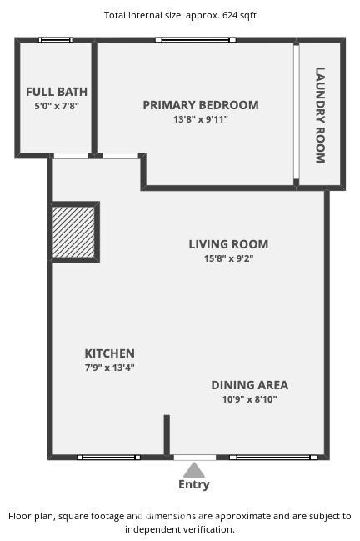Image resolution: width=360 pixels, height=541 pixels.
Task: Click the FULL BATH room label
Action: [57, 92]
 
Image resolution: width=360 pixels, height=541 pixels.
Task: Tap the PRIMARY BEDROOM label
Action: [201, 105]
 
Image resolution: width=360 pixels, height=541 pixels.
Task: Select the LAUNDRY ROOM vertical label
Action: [320, 115]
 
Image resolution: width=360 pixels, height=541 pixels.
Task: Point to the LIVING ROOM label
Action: [228, 244]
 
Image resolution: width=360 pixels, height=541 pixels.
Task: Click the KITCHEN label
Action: [110, 353]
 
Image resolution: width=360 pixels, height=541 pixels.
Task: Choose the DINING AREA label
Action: [250, 385]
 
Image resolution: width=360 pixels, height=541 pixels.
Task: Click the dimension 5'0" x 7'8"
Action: [57, 106]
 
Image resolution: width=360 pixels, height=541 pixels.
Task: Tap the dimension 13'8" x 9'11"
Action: [201, 119]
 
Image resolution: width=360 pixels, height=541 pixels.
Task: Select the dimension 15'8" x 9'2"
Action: [228, 258]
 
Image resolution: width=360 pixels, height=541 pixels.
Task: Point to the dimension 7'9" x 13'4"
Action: [110, 368]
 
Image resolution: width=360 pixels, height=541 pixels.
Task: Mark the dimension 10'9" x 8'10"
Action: [250, 399]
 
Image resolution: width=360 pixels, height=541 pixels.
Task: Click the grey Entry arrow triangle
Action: [194, 470]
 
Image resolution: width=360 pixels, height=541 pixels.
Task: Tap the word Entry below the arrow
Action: [194, 484]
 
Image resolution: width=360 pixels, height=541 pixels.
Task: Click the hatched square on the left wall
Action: [73, 232]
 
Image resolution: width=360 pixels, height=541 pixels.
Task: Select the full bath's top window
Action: [56, 40]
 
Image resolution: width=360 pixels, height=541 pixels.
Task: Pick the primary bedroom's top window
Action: [196, 40]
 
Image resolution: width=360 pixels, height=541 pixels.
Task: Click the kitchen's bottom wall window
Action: [108, 458]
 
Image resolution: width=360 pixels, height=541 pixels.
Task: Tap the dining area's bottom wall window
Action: [273, 458]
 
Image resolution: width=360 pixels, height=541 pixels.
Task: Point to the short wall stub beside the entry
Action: [167, 435]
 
